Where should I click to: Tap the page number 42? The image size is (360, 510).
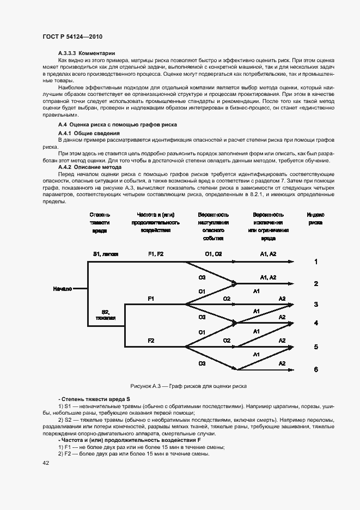click(x=46, y=463)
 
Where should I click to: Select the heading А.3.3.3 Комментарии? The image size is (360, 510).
click(x=87, y=53)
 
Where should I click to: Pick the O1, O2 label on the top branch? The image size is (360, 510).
click(x=213, y=254)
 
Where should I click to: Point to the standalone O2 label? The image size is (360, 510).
click(x=227, y=299)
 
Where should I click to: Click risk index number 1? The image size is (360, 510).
click(x=316, y=262)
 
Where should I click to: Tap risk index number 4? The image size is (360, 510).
click(x=316, y=323)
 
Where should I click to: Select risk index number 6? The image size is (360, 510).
click(x=316, y=369)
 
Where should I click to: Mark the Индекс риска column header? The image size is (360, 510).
click(x=315, y=218)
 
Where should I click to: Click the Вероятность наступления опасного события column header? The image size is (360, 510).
click(x=213, y=226)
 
